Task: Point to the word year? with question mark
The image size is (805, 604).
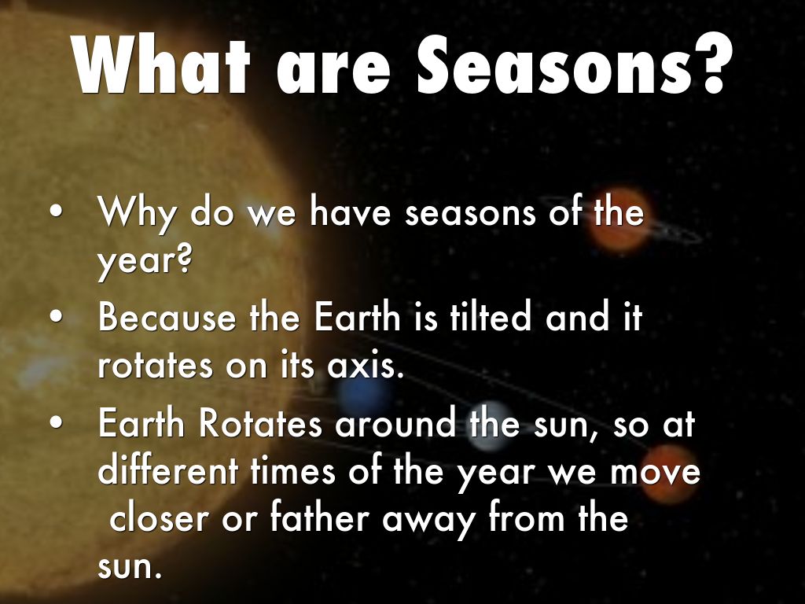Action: click(145, 261)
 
